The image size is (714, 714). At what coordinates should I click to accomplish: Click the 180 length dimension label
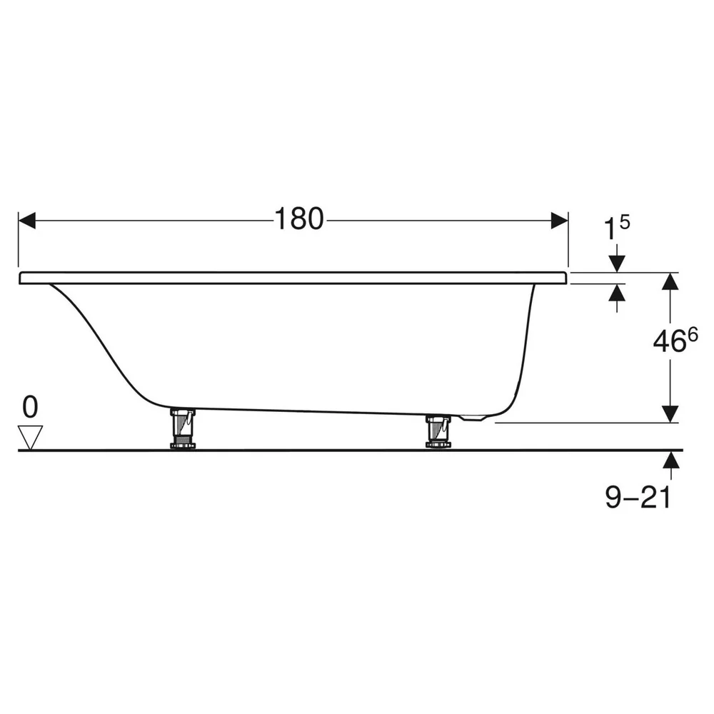pos(299,219)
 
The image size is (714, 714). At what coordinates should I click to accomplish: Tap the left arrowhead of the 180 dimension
pos(27,221)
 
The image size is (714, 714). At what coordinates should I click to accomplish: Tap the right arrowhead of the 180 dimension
pos(560,221)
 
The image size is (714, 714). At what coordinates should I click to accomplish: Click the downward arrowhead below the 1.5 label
pos(617,264)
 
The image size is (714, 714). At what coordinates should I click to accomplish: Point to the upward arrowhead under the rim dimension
pos(617,292)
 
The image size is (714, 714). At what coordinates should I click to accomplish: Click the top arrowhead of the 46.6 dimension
pos(670,281)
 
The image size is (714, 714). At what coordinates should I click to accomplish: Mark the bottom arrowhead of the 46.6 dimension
pos(670,414)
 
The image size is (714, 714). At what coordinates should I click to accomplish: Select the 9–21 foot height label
pos(638,497)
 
